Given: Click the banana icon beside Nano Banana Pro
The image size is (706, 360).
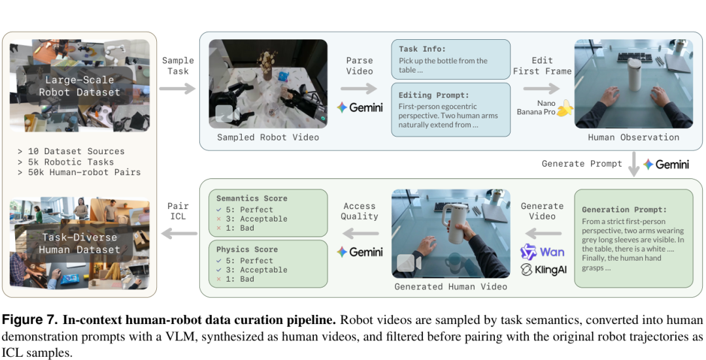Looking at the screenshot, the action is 565,108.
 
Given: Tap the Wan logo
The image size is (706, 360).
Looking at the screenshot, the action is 543,252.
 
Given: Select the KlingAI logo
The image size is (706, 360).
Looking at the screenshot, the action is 543,270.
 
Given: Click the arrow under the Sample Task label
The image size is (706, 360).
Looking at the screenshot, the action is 177,88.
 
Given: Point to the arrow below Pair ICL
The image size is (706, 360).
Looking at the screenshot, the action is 178,233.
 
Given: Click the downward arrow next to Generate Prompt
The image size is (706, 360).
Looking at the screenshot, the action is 633,164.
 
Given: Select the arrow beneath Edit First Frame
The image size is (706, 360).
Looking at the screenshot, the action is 541,89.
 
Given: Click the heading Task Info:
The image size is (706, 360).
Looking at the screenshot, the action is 422,49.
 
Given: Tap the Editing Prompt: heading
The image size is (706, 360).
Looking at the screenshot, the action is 433,95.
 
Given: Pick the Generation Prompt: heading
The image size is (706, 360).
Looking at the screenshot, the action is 624,210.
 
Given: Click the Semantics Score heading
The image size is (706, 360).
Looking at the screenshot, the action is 252,199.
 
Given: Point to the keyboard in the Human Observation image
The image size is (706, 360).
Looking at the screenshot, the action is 635,57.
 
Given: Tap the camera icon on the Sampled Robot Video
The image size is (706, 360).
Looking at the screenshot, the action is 227,114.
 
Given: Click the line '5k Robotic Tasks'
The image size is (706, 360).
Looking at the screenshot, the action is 71,162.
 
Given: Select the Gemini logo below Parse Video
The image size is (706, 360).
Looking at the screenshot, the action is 360,108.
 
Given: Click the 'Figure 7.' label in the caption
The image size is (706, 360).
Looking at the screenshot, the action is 30,321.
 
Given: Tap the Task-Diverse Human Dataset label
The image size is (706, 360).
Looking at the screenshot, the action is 79,244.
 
